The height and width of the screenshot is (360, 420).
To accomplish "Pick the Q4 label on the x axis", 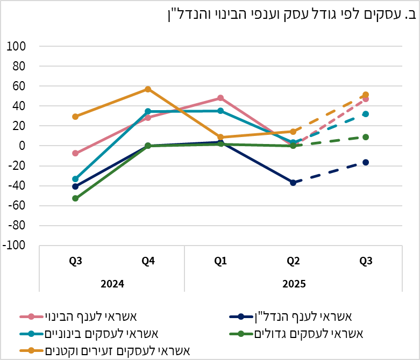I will click(148, 262).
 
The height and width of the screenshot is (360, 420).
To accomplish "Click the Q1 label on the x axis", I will click(220, 262).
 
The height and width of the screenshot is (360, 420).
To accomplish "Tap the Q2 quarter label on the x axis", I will click(293, 262).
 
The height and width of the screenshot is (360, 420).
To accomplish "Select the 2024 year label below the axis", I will click(112, 283).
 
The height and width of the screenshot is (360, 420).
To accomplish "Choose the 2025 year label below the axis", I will click(293, 283).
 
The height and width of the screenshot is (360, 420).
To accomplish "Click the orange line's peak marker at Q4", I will click(148, 89).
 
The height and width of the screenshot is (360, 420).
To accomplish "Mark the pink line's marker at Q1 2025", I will click(220, 98).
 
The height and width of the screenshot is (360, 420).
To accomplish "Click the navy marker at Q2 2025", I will click(293, 183).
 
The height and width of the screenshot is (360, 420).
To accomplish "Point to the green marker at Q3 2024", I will click(75, 198).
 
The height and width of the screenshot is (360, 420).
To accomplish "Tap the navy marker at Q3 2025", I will click(366, 162).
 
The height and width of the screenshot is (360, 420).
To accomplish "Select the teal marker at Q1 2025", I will click(220, 111).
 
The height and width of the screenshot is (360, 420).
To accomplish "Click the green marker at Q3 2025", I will click(366, 137).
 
